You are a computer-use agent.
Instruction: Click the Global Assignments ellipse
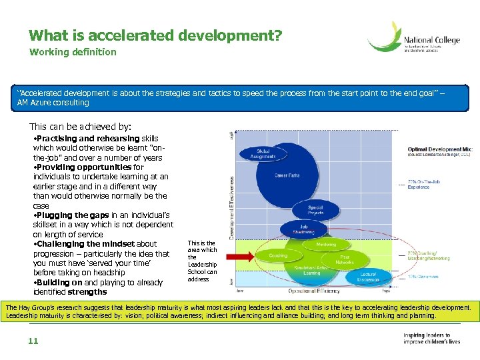tap(263, 153)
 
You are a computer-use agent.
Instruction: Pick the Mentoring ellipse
tap(326, 245)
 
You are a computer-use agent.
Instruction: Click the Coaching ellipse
tap(278, 255)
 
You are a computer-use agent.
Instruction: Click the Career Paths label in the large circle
tap(287, 175)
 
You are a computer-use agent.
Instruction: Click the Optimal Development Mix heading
tap(439, 149)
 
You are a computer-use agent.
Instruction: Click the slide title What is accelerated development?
tap(155, 35)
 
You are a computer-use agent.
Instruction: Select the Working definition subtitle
tap(73, 52)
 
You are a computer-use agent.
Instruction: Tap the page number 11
tap(33, 341)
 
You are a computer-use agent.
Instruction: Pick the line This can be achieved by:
tap(81, 126)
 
